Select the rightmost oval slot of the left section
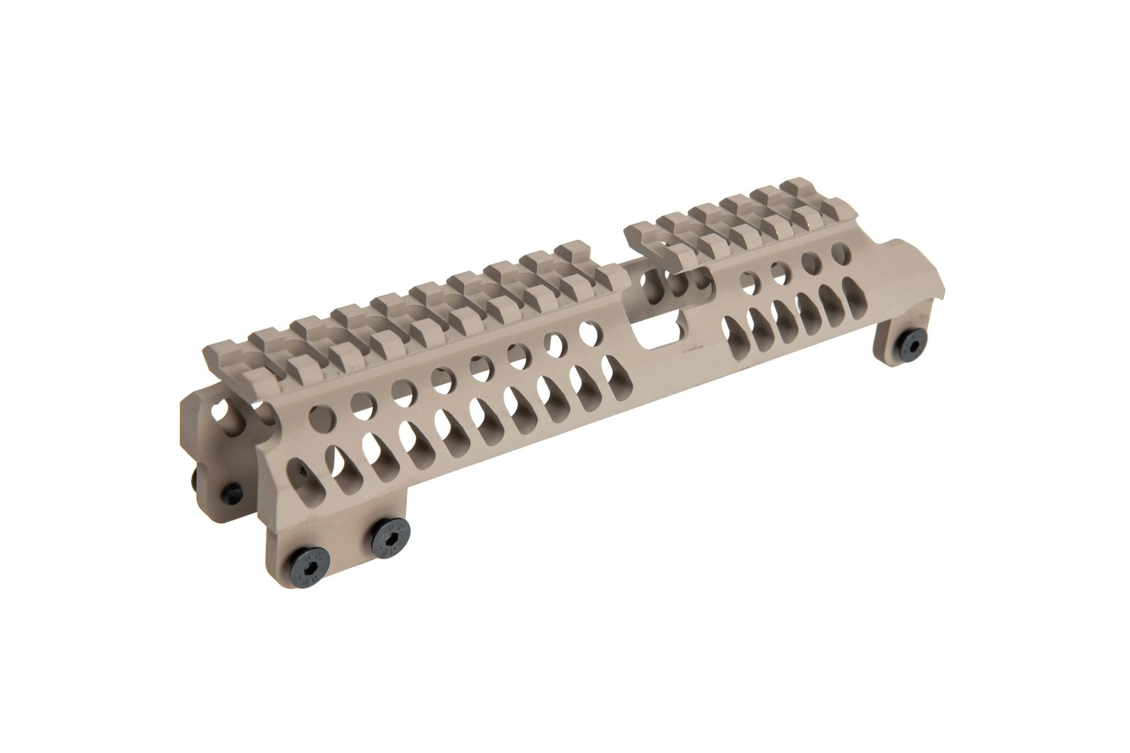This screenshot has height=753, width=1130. pos(610,370)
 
